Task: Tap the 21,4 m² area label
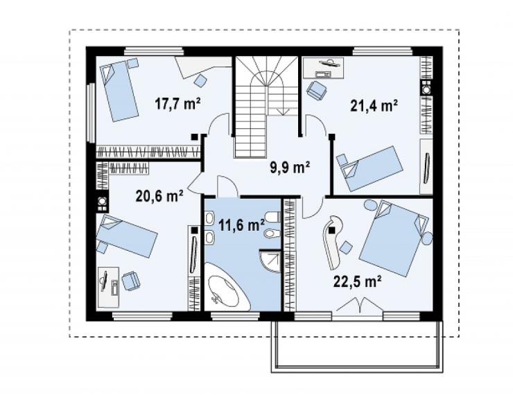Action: pyautogui.click(x=374, y=105)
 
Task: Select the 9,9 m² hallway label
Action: pyautogui.click(x=290, y=168)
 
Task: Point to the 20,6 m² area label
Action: pyautogui.click(x=159, y=196)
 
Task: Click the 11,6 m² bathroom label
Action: pyautogui.click(x=241, y=225)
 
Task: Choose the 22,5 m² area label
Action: pyautogui.click(x=357, y=281)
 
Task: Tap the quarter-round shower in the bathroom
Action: pyautogui.click(x=270, y=261)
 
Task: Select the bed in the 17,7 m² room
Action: pyautogui.click(x=119, y=91)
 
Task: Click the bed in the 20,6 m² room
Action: pyautogui.click(x=126, y=236)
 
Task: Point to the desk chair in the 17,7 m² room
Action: pyautogui.click(x=200, y=80)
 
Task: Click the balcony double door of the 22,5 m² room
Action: pyautogui.click(x=358, y=306)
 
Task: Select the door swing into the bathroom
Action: pyautogui.click(x=227, y=186)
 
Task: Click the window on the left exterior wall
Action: pyautogui.click(x=92, y=112)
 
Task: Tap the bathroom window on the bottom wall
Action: pyautogui.click(x=235, y=316)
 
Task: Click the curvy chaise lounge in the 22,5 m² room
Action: pyautogui.click(x=333, y=242)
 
